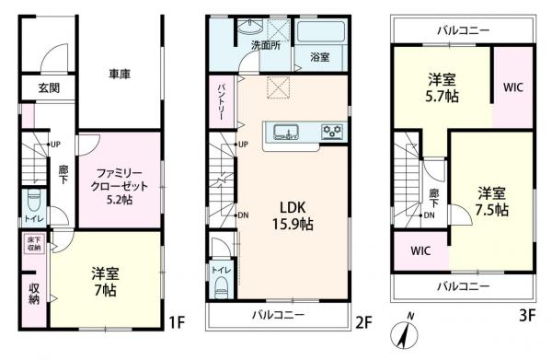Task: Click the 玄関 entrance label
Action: point(49,87)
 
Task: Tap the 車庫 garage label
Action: point(120,74)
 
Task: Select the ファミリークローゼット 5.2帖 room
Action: point(120,180)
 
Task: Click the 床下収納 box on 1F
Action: point(34,244)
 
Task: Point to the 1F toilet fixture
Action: point(34,201)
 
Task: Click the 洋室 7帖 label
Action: point(105,282)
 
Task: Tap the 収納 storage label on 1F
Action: point(34,294)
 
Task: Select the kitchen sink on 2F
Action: point(286,133)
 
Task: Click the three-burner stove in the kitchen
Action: point(332,132)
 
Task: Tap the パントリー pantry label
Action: point(222,102)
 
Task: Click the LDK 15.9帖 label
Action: point(293,215)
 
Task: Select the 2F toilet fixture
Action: point(222,287)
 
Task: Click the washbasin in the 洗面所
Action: point(250,26)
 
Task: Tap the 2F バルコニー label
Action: point(278,315)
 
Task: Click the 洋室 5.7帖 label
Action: point(442,87)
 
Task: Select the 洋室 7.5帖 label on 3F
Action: point(492,202)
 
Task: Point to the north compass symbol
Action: point(404,331)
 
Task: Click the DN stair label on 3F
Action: point(429,215)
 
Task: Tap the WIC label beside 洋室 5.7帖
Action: point(513,87)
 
